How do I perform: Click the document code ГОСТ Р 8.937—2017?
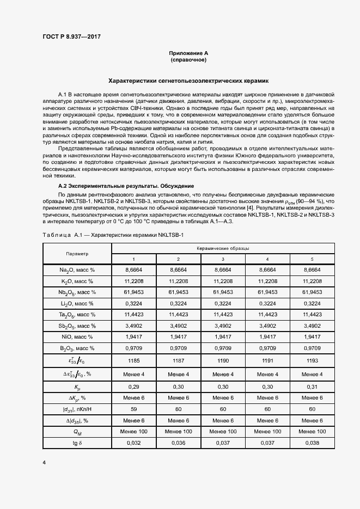(71, 36)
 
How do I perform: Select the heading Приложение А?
(188, 53)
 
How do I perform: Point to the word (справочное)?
(188, 60)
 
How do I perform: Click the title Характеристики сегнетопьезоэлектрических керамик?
(188, 81)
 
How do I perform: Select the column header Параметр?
(77, 253)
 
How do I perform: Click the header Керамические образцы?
(223, 248)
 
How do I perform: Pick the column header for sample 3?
(223, 259)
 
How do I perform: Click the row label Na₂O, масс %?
(77, 269)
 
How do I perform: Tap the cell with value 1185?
(133, 360)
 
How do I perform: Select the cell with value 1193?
(312, 360)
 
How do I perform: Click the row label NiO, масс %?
(77, 336)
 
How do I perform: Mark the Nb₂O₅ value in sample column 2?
(178, 292)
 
